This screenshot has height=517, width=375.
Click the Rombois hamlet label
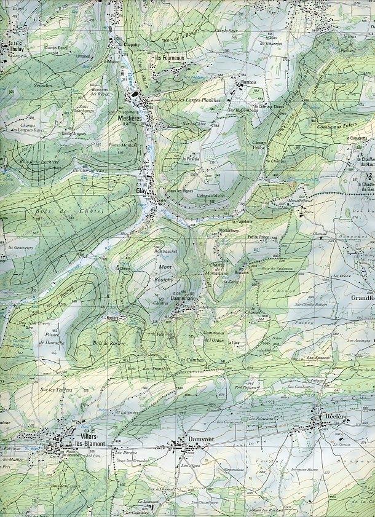coord(248,82)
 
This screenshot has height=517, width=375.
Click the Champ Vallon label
coord(262,146)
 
